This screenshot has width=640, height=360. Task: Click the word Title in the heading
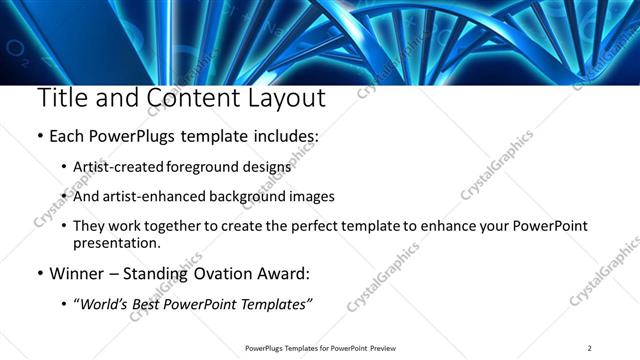[61, 99]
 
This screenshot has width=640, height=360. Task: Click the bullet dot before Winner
[39, 273]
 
